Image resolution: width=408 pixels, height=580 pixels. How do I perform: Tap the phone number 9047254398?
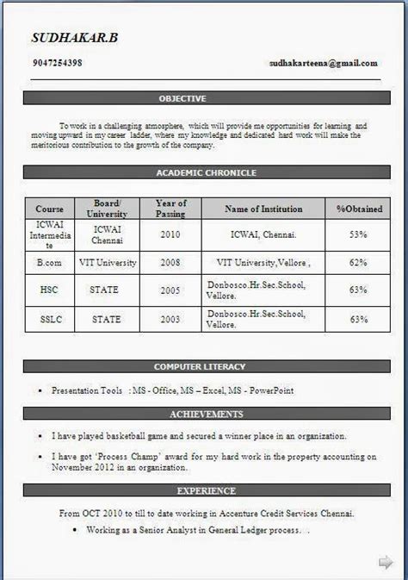click(56, 63)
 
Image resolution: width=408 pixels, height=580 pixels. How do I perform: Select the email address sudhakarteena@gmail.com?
click(323, 63)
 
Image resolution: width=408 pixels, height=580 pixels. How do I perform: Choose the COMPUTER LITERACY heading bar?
click(205, 367)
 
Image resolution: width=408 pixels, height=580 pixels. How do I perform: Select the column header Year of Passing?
click(170, 209)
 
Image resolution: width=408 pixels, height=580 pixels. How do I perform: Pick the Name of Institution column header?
click(263, 209)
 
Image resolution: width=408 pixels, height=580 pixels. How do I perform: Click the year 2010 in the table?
click(170, 234)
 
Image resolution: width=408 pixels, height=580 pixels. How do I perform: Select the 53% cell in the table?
click(358, 234)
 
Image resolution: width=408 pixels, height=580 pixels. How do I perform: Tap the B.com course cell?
click(50, 262)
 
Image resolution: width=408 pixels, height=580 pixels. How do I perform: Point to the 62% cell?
click(358, 262)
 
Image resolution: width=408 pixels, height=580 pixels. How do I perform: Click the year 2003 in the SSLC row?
click(170, 320)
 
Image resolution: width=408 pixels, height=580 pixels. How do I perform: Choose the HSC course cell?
click(50, 290)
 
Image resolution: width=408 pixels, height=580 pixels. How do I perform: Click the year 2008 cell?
click(170, 262)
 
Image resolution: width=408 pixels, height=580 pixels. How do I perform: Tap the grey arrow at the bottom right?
click(386, 563)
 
